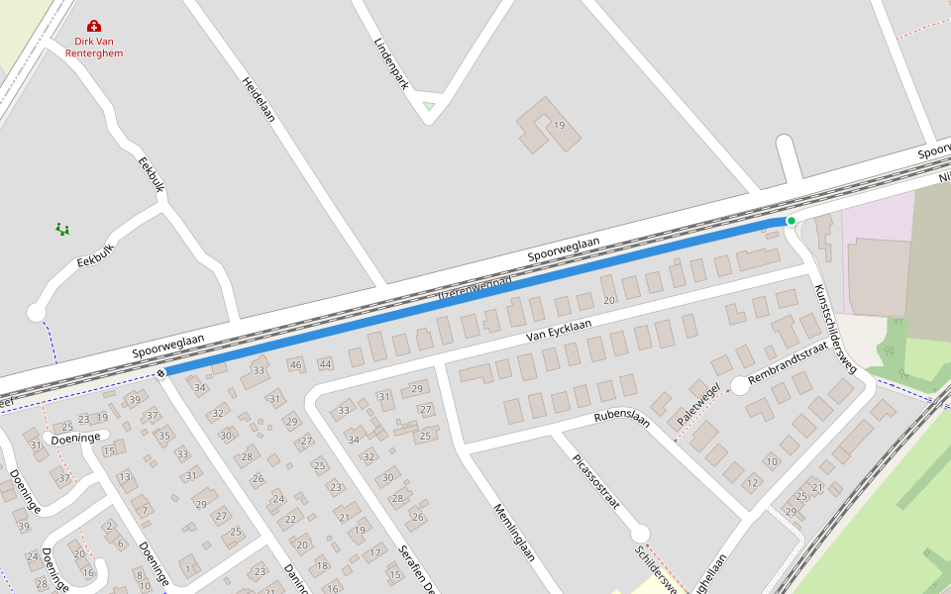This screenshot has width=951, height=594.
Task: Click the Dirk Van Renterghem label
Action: pos(94,47)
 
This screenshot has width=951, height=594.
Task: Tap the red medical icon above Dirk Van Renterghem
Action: pos(94,26)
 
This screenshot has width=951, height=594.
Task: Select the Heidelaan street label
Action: pos(258,99)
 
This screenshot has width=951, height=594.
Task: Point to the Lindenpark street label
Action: pos(391,64)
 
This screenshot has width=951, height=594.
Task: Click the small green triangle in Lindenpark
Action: pos(428,105)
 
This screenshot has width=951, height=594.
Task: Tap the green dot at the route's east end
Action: pos(791,220)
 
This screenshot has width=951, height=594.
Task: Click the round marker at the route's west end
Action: pos(160,373)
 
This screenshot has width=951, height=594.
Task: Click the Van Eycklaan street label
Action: pos(559,330)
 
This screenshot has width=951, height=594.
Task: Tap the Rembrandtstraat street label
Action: pos(788,365)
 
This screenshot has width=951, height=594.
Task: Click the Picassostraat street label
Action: pos(596,483)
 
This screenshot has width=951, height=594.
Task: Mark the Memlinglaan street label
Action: pos(514,532)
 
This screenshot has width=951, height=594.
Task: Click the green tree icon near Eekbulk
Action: pos(62,229)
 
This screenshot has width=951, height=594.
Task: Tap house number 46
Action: pos(295,364)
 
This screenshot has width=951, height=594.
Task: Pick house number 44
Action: pos(325,364)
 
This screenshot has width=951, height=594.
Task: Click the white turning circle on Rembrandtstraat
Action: pos(740,385)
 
